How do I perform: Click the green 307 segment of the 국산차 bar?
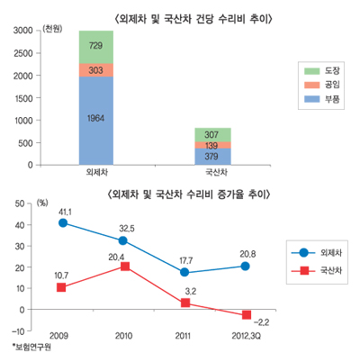point(212,134)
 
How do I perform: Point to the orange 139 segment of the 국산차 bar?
point(212,145)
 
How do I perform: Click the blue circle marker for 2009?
point(62,222)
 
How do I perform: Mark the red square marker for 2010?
point(124,267)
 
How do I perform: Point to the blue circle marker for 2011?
point(185,272)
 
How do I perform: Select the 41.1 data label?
point(65,211)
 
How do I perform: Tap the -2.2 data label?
point(263,321)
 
